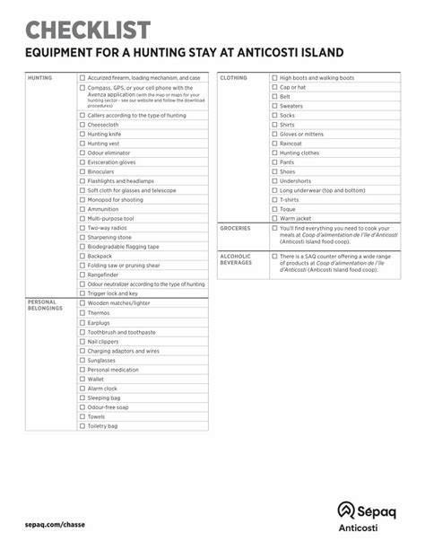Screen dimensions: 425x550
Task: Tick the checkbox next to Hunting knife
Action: [82, 134]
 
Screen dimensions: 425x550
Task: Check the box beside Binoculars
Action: [82, 171]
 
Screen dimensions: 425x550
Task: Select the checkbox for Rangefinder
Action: [82, 275]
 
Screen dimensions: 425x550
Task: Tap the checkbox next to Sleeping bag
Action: [82, 397]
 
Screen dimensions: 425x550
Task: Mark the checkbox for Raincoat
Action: [274, 144]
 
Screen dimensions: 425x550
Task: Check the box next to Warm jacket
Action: [274, 218]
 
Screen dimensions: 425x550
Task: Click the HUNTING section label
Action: [40, 78]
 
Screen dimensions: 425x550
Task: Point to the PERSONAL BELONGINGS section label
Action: [45, 305]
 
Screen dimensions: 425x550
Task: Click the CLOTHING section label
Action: [234, 78]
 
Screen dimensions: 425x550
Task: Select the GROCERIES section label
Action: [236, 228]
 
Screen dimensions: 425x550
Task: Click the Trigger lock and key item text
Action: [113, 292]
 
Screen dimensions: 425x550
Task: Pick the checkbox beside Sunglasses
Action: [82, 360]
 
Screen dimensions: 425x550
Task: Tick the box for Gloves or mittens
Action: [274, 134]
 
